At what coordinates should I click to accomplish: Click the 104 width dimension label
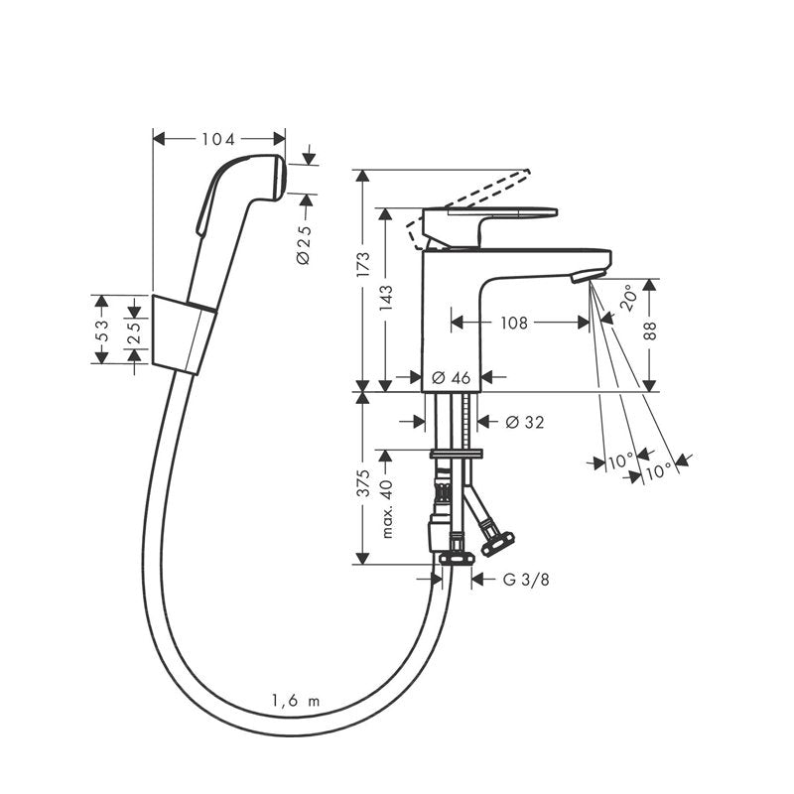tap(219, 139)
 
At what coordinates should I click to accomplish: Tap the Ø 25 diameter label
tap(304, 243)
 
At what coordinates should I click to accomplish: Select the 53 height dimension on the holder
tap(102, 328)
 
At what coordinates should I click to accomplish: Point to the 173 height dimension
tap(363, 264)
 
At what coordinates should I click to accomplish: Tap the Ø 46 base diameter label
tap(452, 377)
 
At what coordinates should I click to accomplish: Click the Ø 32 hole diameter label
tap(525, 422)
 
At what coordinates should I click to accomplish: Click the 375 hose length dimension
tap(363, 482)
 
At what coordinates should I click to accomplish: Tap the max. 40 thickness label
tap(387, 508)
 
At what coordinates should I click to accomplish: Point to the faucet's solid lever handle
tap(490, 215)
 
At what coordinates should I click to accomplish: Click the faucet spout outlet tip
tap(591, 275)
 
